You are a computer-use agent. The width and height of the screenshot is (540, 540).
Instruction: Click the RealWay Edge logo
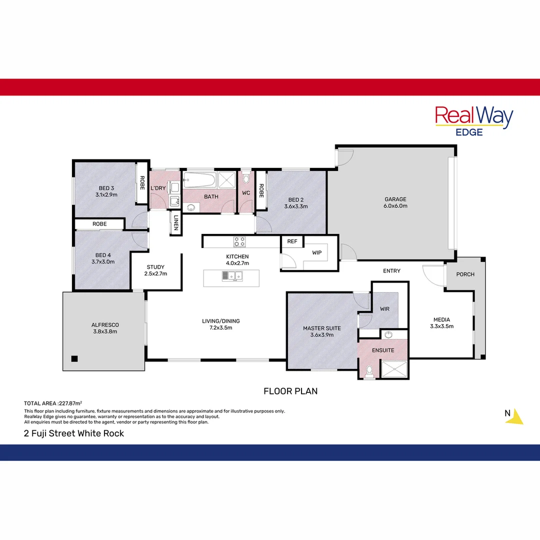tap(474, 120)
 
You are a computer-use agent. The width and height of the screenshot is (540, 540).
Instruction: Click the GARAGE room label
tap(395, 199)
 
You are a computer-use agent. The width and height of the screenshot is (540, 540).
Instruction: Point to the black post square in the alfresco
tap(74, 358)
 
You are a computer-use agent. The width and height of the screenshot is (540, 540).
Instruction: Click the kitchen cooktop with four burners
tap(239, 241)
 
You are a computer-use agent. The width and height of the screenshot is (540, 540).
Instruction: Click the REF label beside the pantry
tap(292, 241)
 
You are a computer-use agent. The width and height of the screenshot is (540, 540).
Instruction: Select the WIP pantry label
tap(317, 252)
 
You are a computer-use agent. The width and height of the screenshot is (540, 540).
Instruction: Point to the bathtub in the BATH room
tap(199, 180)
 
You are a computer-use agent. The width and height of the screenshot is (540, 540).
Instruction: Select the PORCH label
tap(465, 274)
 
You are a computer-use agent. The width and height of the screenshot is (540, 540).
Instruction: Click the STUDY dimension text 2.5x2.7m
tap(156, 273)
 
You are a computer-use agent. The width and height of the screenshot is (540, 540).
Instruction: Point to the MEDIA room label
tap(441, 319)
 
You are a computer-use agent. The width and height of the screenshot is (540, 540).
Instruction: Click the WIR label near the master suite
tap(384, 309)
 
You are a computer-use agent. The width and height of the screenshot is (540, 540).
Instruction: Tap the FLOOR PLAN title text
tap(290, 391)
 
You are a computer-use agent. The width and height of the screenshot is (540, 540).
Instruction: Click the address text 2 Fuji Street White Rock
tap(74, 433)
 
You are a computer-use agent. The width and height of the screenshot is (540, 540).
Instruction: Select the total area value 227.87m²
tap(70, 403)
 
